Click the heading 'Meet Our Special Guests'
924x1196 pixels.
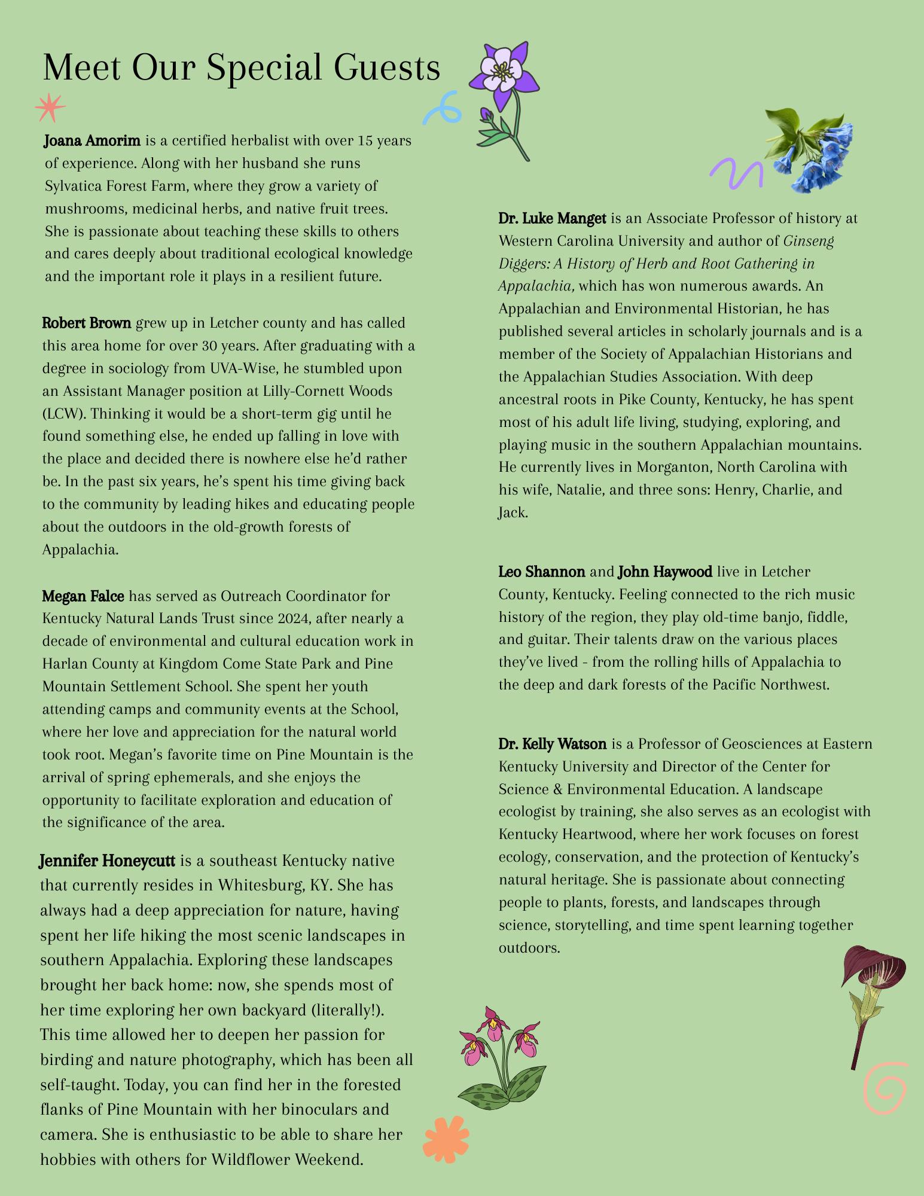tap(242, 68)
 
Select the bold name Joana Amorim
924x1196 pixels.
tap(92, 141)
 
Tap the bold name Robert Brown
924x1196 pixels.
tap(87, 324)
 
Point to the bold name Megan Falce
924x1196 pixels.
tap(83, 596)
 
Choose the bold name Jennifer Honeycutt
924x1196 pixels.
tap(107, 861)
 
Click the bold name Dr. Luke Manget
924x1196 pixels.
tap(552, 219)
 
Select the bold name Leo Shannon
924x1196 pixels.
tap(542, 572)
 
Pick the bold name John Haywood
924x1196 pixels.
tap(665, 572)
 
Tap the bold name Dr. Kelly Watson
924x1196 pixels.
tap(553, 745)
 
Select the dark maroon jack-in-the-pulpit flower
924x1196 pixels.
tap(870, 993)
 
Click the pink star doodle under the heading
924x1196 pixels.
tap(50, 108)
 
